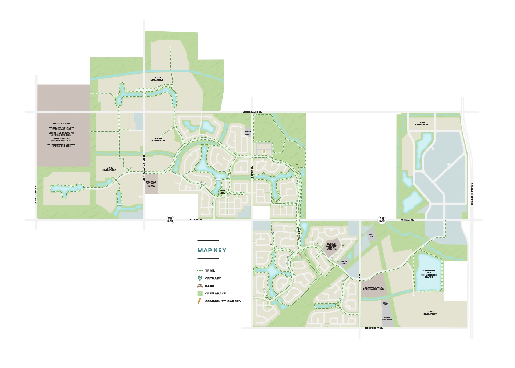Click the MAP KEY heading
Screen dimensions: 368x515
[212, 250]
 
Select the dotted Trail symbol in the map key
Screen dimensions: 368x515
[200, 270]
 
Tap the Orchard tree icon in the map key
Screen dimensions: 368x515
[200, 278]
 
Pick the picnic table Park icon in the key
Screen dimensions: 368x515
[200, 286]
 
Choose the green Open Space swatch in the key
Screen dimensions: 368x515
[200, 293]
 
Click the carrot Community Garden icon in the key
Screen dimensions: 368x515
[200, 301]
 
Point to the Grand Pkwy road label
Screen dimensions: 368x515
[472, 194]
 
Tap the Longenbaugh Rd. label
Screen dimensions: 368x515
[252, 112]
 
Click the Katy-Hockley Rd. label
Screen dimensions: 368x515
[36, 195]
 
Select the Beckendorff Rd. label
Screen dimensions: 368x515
[373, 328]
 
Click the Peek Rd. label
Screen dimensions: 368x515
[360, 278]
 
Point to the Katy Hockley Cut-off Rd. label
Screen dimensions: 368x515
[144, 168]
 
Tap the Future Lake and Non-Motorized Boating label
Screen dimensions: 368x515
[429, 274]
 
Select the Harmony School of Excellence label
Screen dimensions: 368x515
[373, 288]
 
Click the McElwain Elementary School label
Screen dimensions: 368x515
[331, 246]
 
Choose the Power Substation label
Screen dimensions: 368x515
[387, 318]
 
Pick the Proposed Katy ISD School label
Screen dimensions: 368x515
[151, 184]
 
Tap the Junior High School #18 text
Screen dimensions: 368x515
[61, 134]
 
